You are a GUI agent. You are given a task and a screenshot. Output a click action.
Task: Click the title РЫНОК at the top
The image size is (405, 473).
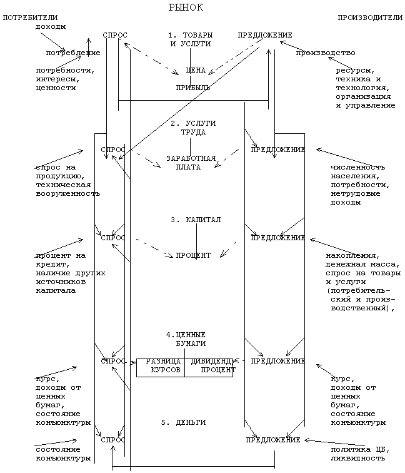click(186, 8)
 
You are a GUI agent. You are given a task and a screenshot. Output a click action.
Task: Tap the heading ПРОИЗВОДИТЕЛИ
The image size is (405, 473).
click(370, 18)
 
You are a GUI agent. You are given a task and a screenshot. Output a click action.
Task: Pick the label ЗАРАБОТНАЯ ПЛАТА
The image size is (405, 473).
click(192, 163)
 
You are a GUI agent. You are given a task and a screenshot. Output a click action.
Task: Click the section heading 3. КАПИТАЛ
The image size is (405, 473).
click(196, 220)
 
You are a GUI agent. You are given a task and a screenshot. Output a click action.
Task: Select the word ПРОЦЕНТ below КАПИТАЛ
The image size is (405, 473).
click(193, 255)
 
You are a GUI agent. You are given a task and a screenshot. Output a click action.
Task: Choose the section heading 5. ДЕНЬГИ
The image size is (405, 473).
click(183, 423)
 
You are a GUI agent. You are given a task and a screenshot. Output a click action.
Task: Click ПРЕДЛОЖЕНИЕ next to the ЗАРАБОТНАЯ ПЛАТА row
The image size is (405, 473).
click(277, 150)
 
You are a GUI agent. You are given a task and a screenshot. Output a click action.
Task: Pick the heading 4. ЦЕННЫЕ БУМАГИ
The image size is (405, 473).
click(190, 339)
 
